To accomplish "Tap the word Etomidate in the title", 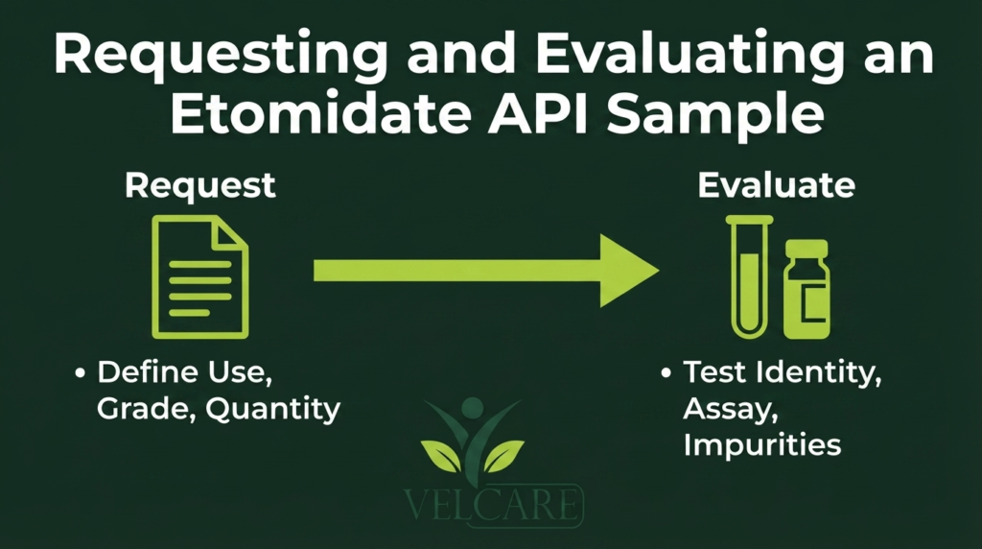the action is [320, 113].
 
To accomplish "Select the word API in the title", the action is [539, 113].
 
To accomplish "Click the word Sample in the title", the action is [715, 115].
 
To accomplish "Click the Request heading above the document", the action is [200, 186].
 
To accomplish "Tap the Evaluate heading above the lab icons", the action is [777, 185].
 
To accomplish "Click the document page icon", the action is [200, 277].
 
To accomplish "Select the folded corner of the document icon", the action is [230, 233].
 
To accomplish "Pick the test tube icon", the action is [749, 277].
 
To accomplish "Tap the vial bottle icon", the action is [807, 289].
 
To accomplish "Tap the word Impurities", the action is [762, 445].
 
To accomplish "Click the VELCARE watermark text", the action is [493, 504].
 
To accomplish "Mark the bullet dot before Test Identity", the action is [666, 373].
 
